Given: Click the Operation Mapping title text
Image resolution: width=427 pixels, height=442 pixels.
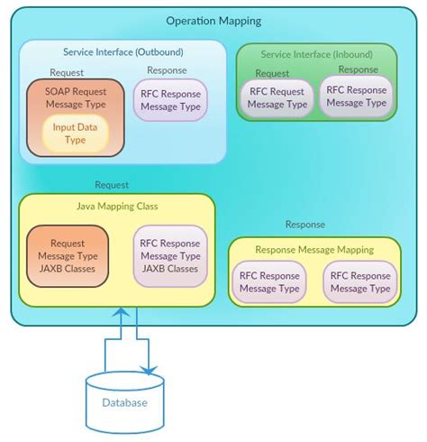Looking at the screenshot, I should pyautogui.click(x=213, y=21).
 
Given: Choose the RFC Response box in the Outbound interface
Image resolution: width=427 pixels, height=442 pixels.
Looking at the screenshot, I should pyautogui.click(x=171, y=100).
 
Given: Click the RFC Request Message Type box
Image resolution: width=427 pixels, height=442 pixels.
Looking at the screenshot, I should pyautogui.click(x=277, y=97).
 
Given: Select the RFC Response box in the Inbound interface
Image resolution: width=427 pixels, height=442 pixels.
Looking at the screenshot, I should pyautogui.click(x=357, y=96).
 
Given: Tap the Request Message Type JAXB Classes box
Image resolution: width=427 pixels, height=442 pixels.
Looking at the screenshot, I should pyautogui.click(x=68, y=256).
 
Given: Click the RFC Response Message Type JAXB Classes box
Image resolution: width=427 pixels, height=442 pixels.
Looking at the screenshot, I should pyautogui.click(x=170, y=256).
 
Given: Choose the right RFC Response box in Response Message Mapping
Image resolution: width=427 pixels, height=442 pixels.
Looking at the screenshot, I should pyautogui.click(x=360, y=282).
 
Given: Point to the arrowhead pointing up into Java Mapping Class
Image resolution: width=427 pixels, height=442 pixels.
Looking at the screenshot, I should pyautogui.click(x=120, y=313).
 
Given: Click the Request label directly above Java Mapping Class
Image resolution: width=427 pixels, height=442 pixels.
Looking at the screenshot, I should pyautogui.click(x=112, y=184).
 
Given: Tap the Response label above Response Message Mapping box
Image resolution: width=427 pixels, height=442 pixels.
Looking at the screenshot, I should pyautogui.click(x=304, y=225).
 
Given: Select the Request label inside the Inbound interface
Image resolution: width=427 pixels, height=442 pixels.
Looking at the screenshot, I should pyautogui.click(x=273, y=74).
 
